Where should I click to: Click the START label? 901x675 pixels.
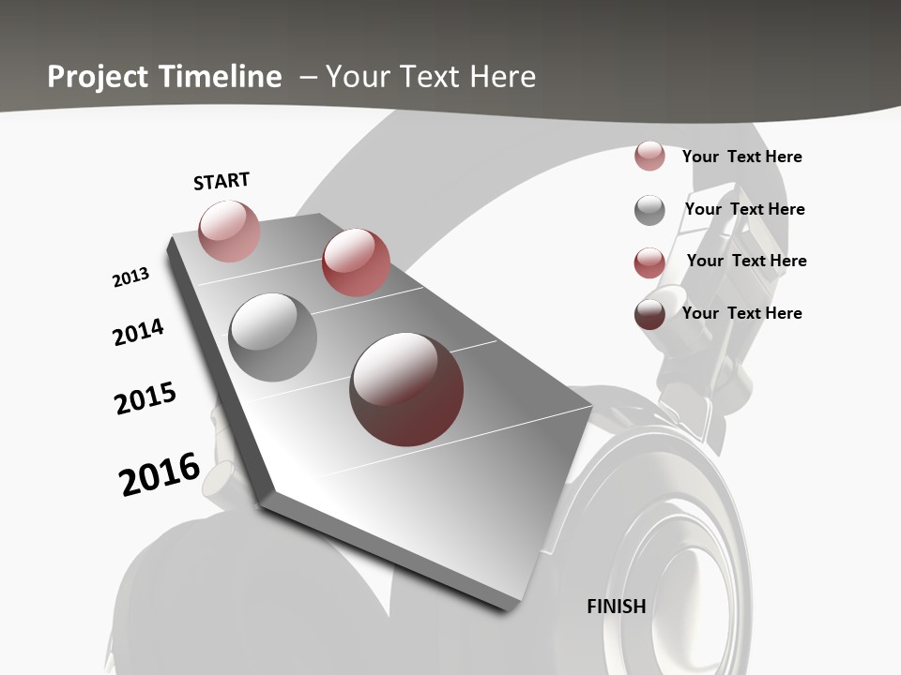pyautogui.click(x=221, y=181)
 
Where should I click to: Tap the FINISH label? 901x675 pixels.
pyautogui.click(x=617, y=606)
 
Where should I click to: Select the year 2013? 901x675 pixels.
pyautogui.click(x=130, y=277)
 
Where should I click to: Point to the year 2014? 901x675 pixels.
pyautogui.click(x=138, y=332)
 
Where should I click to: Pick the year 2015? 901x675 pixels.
pyautogui.click(x=145, y=398)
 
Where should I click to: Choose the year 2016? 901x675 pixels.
pyautogui.click(x=160, y=474)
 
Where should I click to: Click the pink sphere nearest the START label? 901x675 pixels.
pyautogui.click(x=229, y=231)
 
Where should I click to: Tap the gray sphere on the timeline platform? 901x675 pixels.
pyautogui.click(x=273, y=337)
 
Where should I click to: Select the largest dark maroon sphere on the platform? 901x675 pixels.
pyautogui.click(x=406, y=388)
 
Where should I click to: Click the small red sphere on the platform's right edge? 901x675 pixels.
pyautogui.click(x=356, y=262)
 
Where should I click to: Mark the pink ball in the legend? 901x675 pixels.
pyautogui.click(x=649, y=157)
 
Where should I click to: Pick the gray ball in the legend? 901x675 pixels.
pyautogui.click(x=649, y=209)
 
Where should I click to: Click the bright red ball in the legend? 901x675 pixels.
pyautogui.click(x=649, y=262)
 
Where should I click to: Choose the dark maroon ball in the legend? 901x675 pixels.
pyautogui.click(x=649, y=313)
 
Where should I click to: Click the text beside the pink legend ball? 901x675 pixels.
pyautogui.click(x=742, y=157)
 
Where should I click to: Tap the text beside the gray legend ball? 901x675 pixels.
pyautogui.click(x=745, y=209)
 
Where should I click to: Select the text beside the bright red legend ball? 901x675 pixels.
pyautogui.click(x=747, y=261)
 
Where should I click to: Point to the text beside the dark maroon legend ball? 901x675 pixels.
pyautogui.click(x=742, y=313)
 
